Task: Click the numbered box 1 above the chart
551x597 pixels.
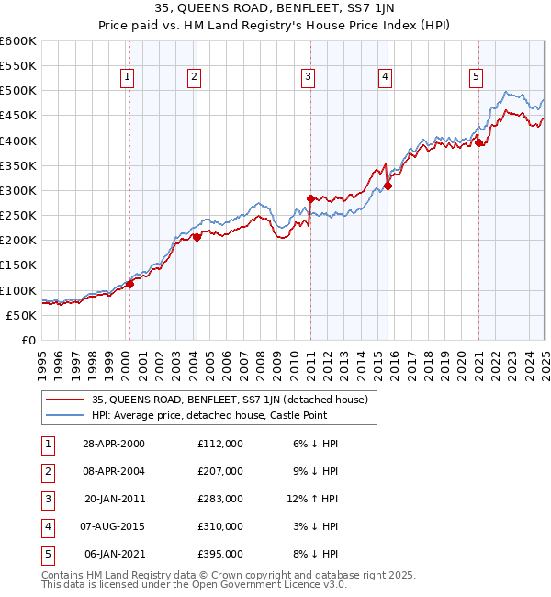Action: (x=126, y=78)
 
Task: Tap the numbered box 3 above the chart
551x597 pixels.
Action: (x=309, y=78)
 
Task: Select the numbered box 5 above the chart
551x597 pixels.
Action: (x=477, y=78)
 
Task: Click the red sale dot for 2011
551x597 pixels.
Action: (x=310, y=197)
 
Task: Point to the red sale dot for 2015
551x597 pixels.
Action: (x=388, y=186)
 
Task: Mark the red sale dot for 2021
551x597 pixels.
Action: (x=478, y=142)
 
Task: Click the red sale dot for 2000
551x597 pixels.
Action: (x=129, y=284)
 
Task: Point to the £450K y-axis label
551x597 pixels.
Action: (x=19, y=116)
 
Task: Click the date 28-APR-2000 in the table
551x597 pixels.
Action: (x=115, y=444)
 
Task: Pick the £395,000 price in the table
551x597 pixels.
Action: (x=219, y=554)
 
